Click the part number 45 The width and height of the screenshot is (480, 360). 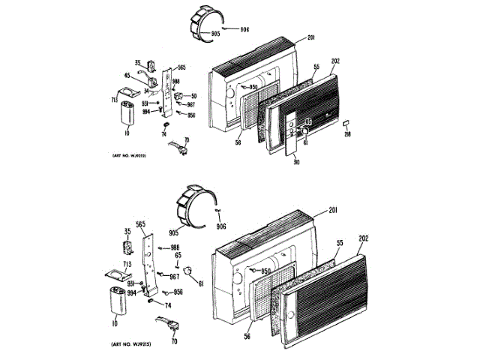[x=128, y=75]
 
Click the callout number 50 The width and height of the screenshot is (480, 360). [x=193, y=96]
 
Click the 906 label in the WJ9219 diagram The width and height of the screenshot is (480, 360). [x=244, y=29]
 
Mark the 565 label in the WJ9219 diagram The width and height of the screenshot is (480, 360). [x=181, y=68]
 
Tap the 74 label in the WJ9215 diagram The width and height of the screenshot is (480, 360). [x=168, y=305]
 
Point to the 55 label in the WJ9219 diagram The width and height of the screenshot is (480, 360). [x=316, y=67]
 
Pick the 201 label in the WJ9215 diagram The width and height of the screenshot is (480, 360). [x=333, y=209]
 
